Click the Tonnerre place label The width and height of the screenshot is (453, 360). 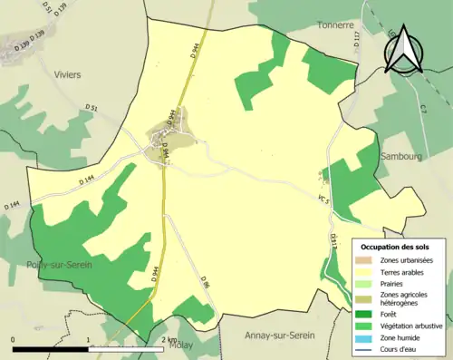[334, 25]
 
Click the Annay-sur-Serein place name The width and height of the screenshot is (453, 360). [279, 336]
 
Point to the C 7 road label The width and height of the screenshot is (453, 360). [422, 110]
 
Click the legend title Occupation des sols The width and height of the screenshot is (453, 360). [395, 246]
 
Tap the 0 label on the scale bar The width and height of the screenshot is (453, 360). [14, 339]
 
